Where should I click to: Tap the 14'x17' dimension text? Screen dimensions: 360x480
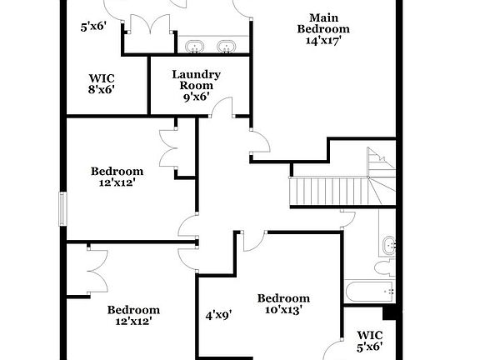click(322, 40)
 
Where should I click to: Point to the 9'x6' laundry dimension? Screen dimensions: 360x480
click(197, 97)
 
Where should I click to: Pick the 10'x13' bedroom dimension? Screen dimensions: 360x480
click(283, 309)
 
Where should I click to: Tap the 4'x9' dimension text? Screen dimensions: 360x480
click(218, 315)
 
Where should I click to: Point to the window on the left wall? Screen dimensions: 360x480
click(62, 208)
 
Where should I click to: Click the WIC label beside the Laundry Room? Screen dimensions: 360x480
click(102, 78)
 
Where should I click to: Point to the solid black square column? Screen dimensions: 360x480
click(387, 313)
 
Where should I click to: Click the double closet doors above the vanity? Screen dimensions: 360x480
click(151, 27)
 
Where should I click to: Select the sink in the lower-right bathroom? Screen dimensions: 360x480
click(387, 245)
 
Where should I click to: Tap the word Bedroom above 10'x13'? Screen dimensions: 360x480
click(283, 298)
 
